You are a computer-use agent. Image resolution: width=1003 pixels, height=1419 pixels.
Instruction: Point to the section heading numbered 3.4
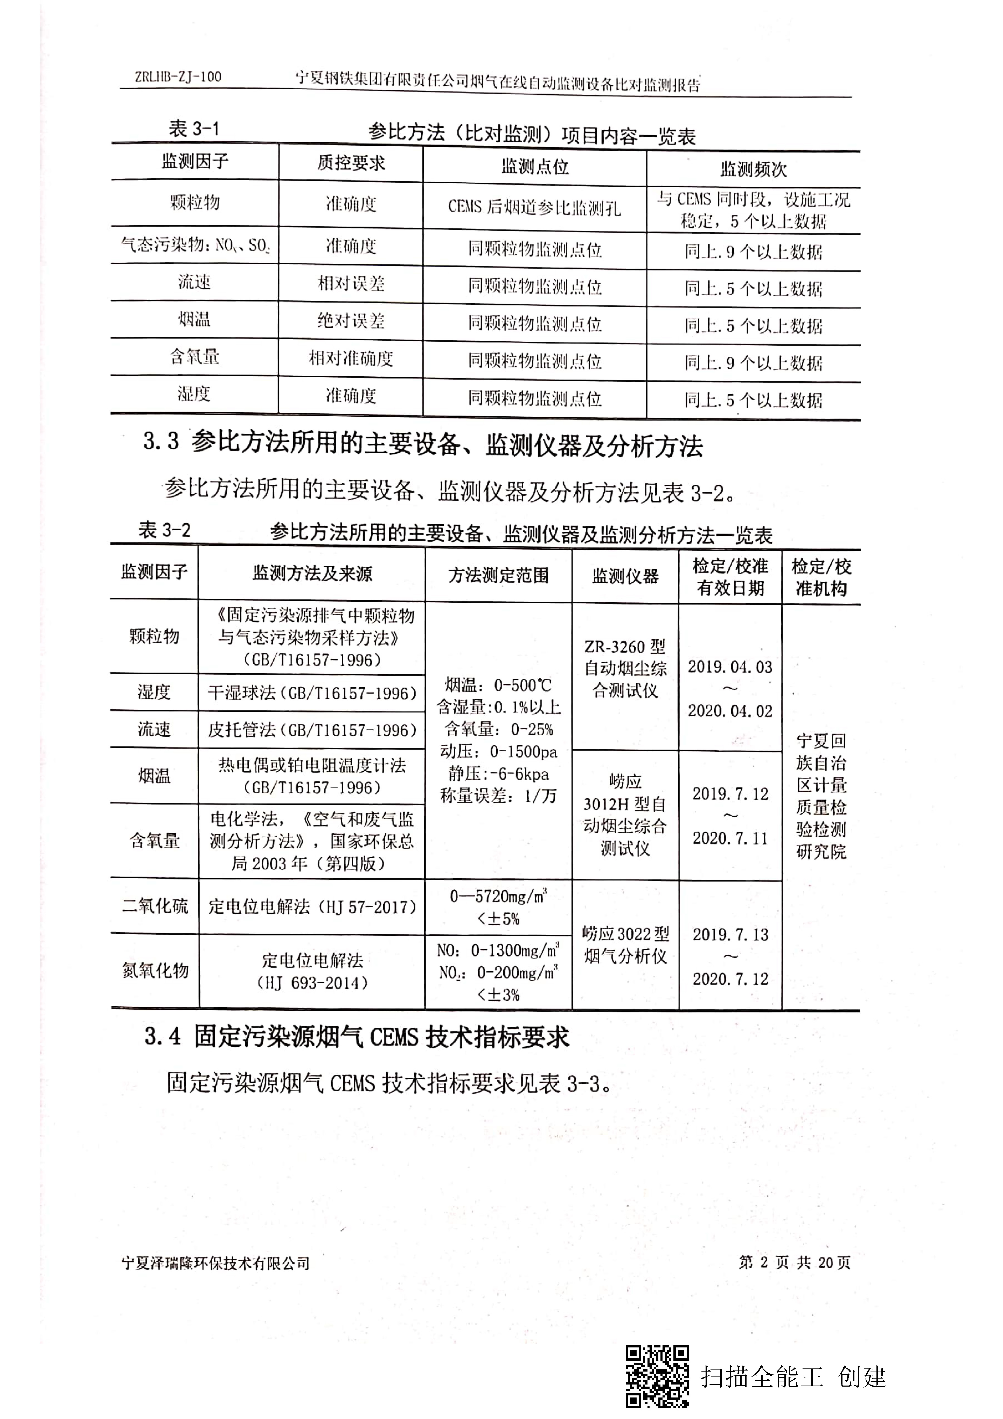[357, 1036]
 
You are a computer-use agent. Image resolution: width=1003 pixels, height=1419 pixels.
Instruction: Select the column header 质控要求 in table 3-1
[351, 163]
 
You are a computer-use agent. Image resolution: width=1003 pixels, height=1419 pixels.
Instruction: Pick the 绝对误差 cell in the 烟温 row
[351, 321]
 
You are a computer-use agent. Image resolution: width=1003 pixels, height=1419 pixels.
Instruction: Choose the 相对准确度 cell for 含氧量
[351, 359]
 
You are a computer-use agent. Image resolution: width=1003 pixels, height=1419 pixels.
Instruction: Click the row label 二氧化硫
[155, 907]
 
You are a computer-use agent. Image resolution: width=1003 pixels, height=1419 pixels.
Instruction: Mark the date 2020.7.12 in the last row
[730, 979]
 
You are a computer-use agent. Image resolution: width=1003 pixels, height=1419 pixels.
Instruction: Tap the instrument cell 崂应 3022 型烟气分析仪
[625, 945]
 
